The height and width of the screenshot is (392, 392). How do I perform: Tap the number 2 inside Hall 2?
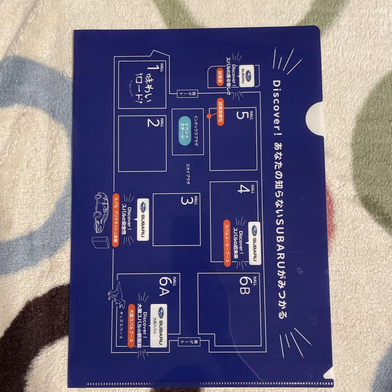pyautogui.click(x=153, y=124)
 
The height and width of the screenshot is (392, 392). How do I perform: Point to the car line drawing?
pyautogui.click(x=100, y=211)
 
